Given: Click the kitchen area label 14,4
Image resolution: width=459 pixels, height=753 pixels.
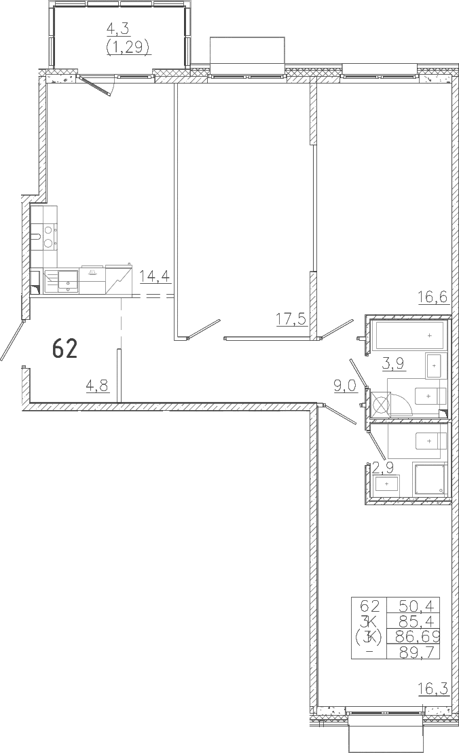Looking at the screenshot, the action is pyautogui.click(x=155, y=278).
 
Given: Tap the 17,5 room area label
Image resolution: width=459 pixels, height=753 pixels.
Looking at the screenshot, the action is pyautogui.click(x=291, y=318).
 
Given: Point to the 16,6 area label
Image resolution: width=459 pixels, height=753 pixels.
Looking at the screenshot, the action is pyautogui.click(x=433, y=297).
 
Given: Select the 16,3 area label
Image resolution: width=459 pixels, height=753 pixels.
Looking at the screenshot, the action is pyautogui.click(x=433, y=689).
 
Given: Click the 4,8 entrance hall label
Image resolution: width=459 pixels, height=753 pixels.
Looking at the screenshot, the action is pyautogui.click(x=97, y=385).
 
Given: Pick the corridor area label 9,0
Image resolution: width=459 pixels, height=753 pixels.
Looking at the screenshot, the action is pyautogui.click(x=346, y=386).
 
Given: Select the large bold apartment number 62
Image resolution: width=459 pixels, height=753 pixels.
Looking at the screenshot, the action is pyautogui.click(x=65, y=348).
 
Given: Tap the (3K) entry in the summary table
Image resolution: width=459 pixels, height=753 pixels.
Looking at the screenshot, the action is pyautogui.click(x=368, y=637).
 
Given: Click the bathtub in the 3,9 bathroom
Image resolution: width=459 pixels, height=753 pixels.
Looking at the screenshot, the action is pyautogui.click(x=409, y=335).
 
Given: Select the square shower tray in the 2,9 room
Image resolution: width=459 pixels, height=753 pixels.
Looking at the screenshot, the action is pyautogui.click(x=430, y=479).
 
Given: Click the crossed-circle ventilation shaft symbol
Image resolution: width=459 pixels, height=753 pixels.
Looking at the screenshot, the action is pyautogui.click(x=380, y=405).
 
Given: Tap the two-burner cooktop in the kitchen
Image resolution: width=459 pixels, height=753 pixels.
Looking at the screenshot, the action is pyautogui.click(x=48, y=236).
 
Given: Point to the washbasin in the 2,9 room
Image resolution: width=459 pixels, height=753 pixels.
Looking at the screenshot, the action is pyautogui.click(x=387, y=483).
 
